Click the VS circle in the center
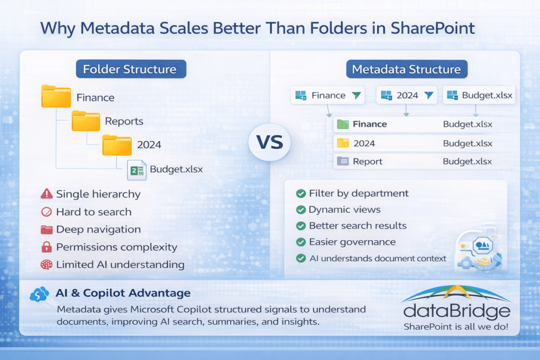[269, 142]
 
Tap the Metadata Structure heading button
[406, 69]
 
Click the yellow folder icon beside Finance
[56, 97]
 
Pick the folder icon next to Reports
[86, 121]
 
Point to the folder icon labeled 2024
[117, 144]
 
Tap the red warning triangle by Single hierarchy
[46, 194]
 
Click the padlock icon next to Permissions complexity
[46, 247]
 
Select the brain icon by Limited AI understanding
[46, 265]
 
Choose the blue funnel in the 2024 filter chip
[428, 95]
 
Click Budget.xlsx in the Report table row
[467, 162]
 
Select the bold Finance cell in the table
[369, 124]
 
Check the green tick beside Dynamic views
[301, 210]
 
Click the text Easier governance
[352, 242]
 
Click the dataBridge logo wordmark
[457, 311]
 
